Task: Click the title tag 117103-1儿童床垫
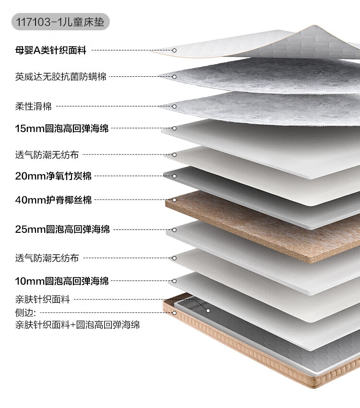(x=60, y=22)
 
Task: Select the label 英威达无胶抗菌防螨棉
(x=60, y=76)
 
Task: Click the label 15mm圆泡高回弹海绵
(x=62, y=128)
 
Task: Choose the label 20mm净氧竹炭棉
(x=53, y=176)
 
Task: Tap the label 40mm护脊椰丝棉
(x=53, y=200)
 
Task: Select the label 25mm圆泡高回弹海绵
(x=62, y=229)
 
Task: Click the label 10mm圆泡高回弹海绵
(x=62, y=281)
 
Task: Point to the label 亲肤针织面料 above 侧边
(x=42, y=300)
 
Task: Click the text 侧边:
(x=26, y=312)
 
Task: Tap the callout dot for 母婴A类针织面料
(x=174, y=50)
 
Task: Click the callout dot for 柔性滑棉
(x=174, y=106)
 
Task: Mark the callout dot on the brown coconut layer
(x=174, y=200)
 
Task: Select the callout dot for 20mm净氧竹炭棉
(x=174, y=176)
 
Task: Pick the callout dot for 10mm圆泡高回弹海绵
(x=174, y=281)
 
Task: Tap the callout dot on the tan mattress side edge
(x=174, y=313)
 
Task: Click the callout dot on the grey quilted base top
(x=208, y=311)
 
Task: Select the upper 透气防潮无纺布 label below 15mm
(x=47, y=155)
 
